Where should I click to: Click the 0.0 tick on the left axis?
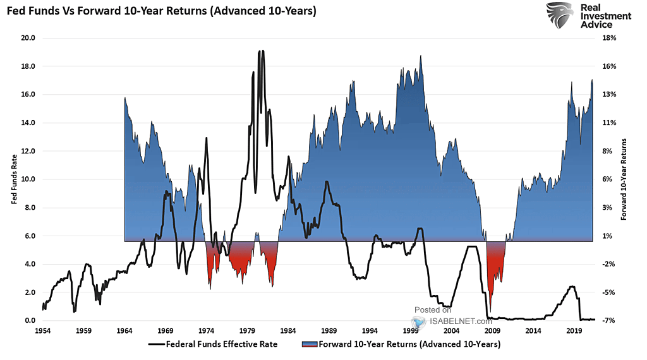pos(28,321)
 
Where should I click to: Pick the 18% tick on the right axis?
pos(610,38)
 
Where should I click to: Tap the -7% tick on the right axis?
pos(610,321)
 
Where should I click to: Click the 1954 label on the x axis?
pos(43,331)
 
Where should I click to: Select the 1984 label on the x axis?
pos(288,331)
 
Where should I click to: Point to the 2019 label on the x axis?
pos(574,331)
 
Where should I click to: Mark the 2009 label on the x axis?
pos(492,331)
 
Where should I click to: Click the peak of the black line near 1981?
pos(261,51)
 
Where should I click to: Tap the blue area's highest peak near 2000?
pos(421,56)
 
